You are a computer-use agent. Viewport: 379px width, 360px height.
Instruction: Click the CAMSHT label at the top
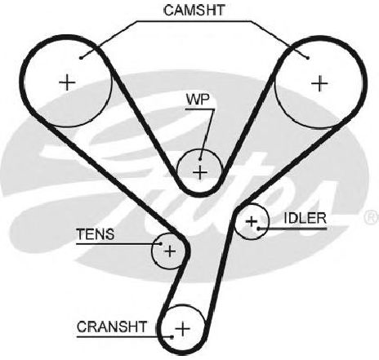194,11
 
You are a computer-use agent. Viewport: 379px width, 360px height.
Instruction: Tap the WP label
198,100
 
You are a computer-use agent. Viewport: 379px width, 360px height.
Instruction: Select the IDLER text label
305,218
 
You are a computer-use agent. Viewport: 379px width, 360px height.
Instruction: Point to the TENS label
95,234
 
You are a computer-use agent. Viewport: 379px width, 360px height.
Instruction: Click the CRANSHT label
112,327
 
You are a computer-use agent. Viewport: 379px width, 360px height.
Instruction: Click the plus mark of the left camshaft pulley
67,82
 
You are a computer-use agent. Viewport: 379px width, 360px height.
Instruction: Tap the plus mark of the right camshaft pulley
319,83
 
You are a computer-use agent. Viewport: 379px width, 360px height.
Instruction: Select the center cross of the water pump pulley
200,172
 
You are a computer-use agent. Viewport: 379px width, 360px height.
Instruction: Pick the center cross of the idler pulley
252,221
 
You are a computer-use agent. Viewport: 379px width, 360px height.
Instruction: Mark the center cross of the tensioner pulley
170,251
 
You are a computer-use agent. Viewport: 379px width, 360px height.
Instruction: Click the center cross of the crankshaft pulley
183,329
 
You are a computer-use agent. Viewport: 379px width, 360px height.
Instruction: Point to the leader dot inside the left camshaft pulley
81,58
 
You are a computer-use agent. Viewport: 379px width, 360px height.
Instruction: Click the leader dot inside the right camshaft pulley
308,58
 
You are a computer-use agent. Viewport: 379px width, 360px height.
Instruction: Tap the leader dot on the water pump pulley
200,159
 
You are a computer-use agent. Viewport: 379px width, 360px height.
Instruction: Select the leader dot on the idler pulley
258,229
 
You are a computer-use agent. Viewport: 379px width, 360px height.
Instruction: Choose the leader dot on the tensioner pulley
161,244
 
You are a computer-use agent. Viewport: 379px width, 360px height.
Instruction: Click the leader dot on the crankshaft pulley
172,337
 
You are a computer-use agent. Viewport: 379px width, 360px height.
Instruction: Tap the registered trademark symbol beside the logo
372,217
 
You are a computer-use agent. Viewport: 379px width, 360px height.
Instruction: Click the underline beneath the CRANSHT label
124,337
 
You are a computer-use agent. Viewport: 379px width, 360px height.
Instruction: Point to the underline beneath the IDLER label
292,229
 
